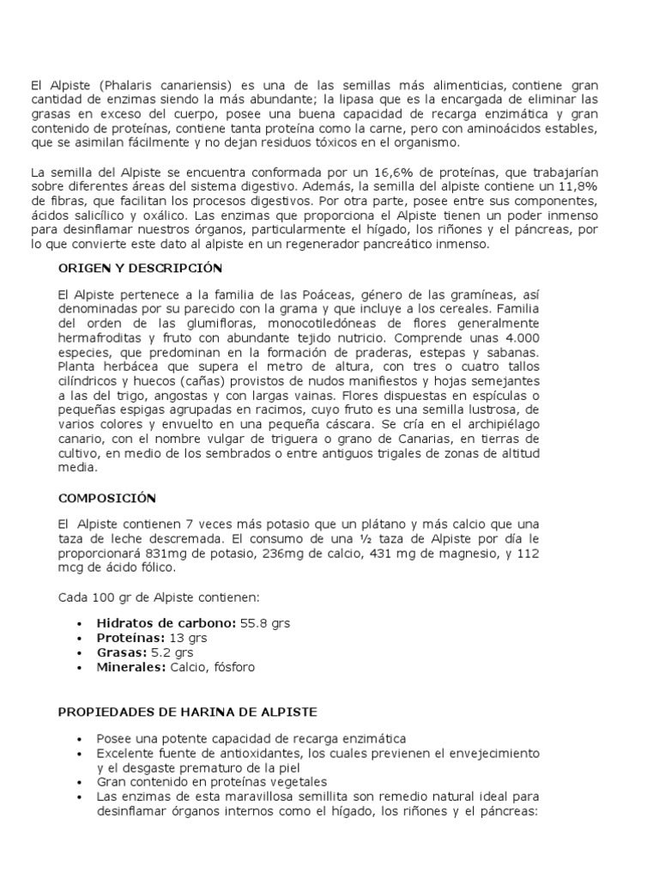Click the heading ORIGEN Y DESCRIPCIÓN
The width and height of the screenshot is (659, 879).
pyautogui.click(x=140, y=268)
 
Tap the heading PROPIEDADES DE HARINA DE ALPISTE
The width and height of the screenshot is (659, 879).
pyautogui.click(x=187, y=712)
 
